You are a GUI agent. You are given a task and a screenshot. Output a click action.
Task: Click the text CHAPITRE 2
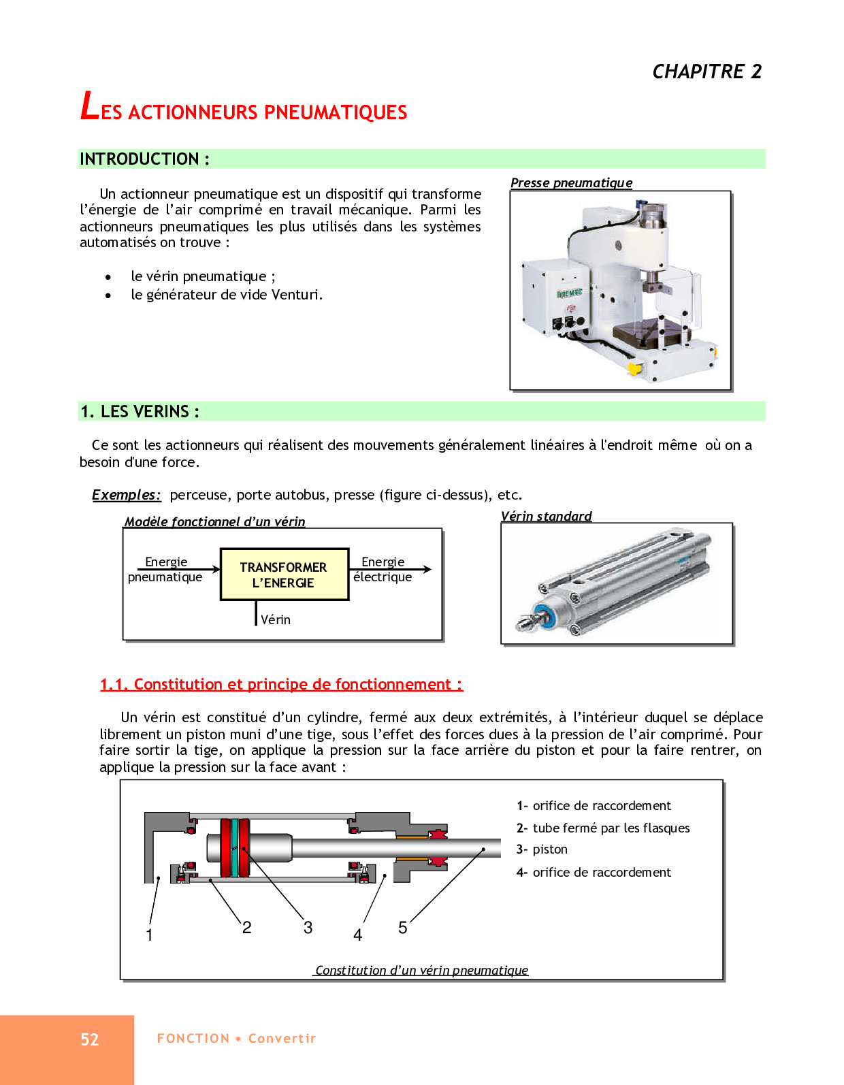pyautogui.click(x=707, y=71)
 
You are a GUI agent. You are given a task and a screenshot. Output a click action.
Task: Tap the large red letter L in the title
pyautogui.click(x=89, y=106)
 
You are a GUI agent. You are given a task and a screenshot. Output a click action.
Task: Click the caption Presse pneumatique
pyautogui.click(x=571, y=182)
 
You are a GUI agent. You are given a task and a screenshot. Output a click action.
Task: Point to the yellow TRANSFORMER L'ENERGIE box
pyautogui.click(x=284, y=574)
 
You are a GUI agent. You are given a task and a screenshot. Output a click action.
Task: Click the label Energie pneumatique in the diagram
pyautogui.click(x=165, y=570)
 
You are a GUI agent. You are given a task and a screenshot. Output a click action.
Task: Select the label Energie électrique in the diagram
pyautogui.click(x=383, y=570)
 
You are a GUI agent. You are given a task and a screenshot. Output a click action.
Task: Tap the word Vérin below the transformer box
pyautogui.click(x=275, y=619)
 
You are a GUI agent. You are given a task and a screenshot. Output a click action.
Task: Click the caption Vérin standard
pyautogui.click(x=546, y=516)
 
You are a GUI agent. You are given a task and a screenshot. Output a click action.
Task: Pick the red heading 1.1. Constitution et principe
pyautogui.click(x=281, y=684)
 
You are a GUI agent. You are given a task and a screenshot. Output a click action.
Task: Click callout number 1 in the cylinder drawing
pyautogui.click(x=149, y=935)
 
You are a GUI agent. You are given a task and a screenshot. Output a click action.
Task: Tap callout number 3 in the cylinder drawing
pyautogui.click(x=308, y=927)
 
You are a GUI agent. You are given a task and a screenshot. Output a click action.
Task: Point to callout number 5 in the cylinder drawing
pyautogui.click(x=402, y=927)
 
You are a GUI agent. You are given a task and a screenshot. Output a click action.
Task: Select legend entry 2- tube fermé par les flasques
pyautogui.click(x=603, y=828)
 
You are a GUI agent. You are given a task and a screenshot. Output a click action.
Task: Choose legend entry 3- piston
pyautogui.click(x=542, y=849)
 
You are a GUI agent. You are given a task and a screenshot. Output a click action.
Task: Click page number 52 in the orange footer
pyautogui.click(x=90, y=1039)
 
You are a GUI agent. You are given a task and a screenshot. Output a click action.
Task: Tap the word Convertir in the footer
pyautogui.click(x=282, y=1039)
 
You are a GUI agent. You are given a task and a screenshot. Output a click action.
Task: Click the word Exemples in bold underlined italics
pyautogui.click(x=126, y=495)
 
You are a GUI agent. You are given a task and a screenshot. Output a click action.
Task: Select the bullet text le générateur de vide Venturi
pyautogui.click(x=227, y=295)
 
